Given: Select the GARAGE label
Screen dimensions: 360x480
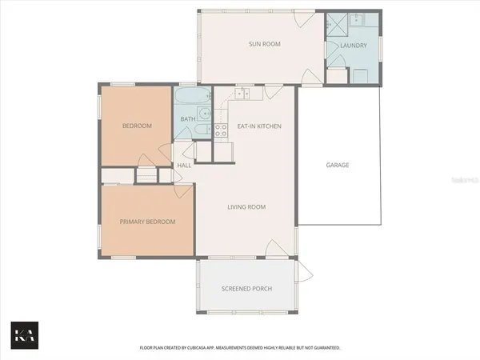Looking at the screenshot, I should pos(337,166).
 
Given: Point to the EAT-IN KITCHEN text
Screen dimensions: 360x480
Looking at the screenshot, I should pos(259,126).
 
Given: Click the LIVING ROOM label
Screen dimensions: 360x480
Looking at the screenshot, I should pos(246,207).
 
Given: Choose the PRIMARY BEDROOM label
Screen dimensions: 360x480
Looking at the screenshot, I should pos(147,222).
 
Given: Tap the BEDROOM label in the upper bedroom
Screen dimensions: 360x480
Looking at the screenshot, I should pos(137,126).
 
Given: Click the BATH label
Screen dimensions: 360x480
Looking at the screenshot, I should pos(187,119).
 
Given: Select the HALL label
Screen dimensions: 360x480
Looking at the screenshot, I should pos(183,166).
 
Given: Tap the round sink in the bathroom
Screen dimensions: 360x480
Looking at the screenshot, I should pos(206,114).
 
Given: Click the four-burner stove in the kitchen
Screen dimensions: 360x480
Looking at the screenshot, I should pos(221,130).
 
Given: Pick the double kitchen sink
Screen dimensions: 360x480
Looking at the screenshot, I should pos(243,94).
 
